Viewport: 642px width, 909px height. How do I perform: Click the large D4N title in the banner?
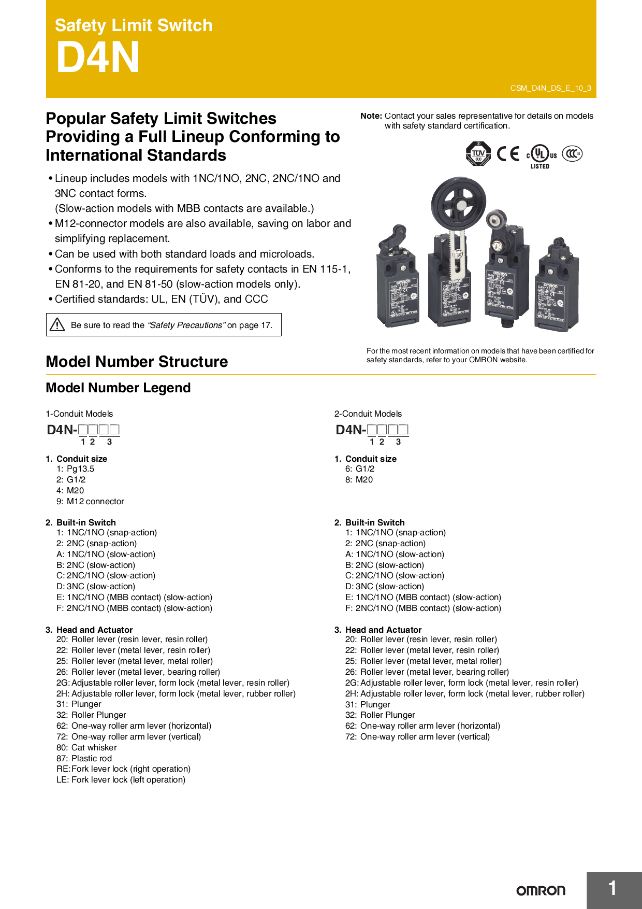[x=98, y=58]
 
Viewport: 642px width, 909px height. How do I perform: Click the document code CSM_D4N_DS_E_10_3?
[x=550, y=88]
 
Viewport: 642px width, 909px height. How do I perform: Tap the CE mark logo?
[x=507, y=154]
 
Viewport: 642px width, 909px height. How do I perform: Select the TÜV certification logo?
[x=478, y=153]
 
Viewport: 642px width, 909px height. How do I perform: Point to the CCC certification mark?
[x=572, y=153]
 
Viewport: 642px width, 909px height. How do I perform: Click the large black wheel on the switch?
[x=459, y=202]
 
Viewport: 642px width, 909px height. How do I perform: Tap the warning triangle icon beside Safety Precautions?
[x=57, y=325]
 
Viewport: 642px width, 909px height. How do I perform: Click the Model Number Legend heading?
[x=118, y=388]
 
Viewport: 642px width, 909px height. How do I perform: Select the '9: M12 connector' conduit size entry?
[x=91, y=501]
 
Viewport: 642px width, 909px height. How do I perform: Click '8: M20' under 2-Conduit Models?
[x=359, y=479]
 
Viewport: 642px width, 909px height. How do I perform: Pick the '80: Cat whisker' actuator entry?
[x=86, y=747]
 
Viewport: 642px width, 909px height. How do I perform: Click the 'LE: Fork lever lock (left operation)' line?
[x=121, y=779]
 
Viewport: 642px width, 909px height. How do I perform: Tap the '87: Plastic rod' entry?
[x=84, y=758]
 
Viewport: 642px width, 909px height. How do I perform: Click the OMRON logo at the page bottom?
[x=541, y=890]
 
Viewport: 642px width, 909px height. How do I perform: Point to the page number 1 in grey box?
[x=612, y=889]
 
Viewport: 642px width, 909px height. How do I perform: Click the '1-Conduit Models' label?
[x=79, y=414]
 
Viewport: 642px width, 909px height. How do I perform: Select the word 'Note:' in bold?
[x=371, y=116]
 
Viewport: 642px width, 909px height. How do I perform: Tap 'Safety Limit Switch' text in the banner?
[x=134, y=25]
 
